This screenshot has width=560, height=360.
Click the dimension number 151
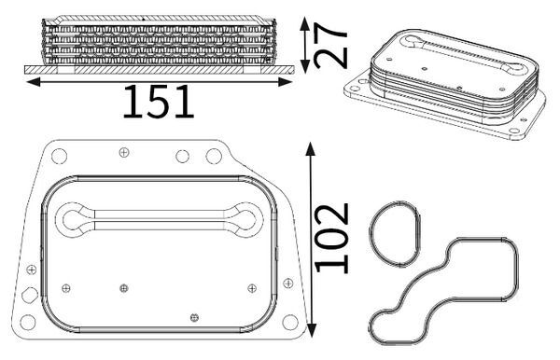[159, 102]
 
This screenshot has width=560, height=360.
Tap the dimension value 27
[330, 46]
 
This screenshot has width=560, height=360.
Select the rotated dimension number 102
[331, 238]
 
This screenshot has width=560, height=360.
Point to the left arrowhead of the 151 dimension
[34, 82]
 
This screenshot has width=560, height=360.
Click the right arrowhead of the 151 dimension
[286, 82]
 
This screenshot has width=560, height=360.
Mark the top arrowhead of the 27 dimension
[304, 22]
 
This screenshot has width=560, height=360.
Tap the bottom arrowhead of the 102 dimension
[312, 331]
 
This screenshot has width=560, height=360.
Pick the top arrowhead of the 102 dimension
[311, 148]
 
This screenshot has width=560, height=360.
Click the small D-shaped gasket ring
[370, 234]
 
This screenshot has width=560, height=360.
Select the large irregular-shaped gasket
[516, 271]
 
